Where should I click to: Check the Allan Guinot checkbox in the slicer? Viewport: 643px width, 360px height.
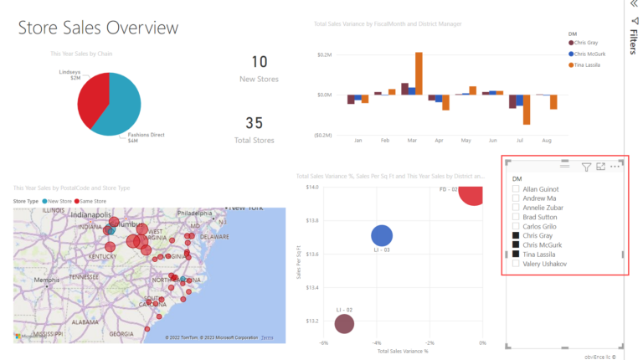(x=516, y=190)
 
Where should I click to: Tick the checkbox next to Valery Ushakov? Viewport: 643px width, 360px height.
(x=516, y=264)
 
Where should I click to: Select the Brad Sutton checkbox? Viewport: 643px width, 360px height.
(x=516, y=218)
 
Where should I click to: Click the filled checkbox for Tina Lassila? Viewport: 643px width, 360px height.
(x=516, y=255)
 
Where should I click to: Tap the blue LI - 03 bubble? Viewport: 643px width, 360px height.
(x=382, y=237)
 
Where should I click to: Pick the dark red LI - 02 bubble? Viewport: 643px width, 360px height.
(x=344, y=323)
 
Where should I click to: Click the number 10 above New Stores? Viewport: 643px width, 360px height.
(x=259, y=62)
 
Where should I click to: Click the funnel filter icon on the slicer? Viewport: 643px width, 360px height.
(x=586, y=167)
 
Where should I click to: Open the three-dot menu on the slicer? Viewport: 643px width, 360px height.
(x=615, y=167)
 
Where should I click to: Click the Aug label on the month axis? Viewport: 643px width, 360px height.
(x=547, y=141)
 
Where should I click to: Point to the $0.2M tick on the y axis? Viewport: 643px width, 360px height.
(x=325, y=54)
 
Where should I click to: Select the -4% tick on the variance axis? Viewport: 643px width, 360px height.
(x=377, y=343)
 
